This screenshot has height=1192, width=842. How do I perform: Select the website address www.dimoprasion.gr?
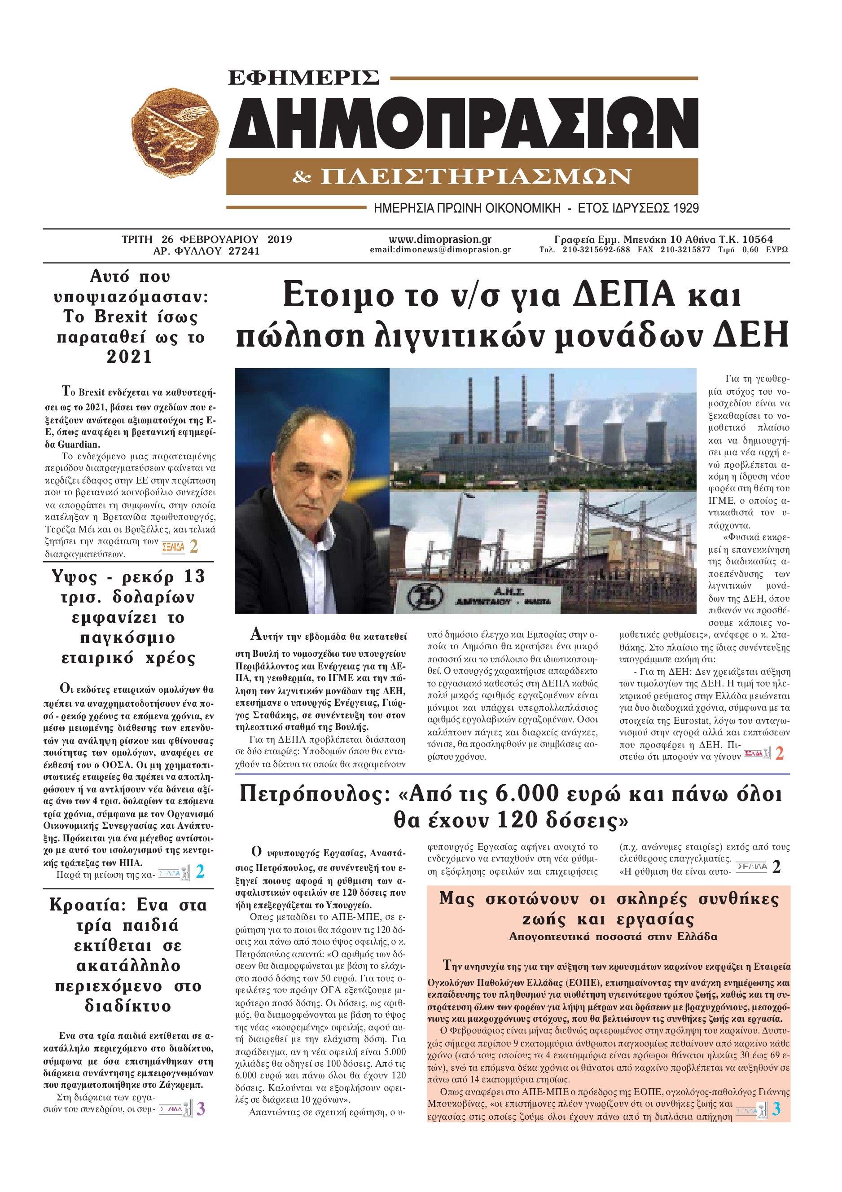click(x=440, y=239)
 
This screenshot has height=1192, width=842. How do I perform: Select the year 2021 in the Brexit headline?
click(x=129, y=357)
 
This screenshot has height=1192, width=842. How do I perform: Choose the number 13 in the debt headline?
click(x=192, y=577)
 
